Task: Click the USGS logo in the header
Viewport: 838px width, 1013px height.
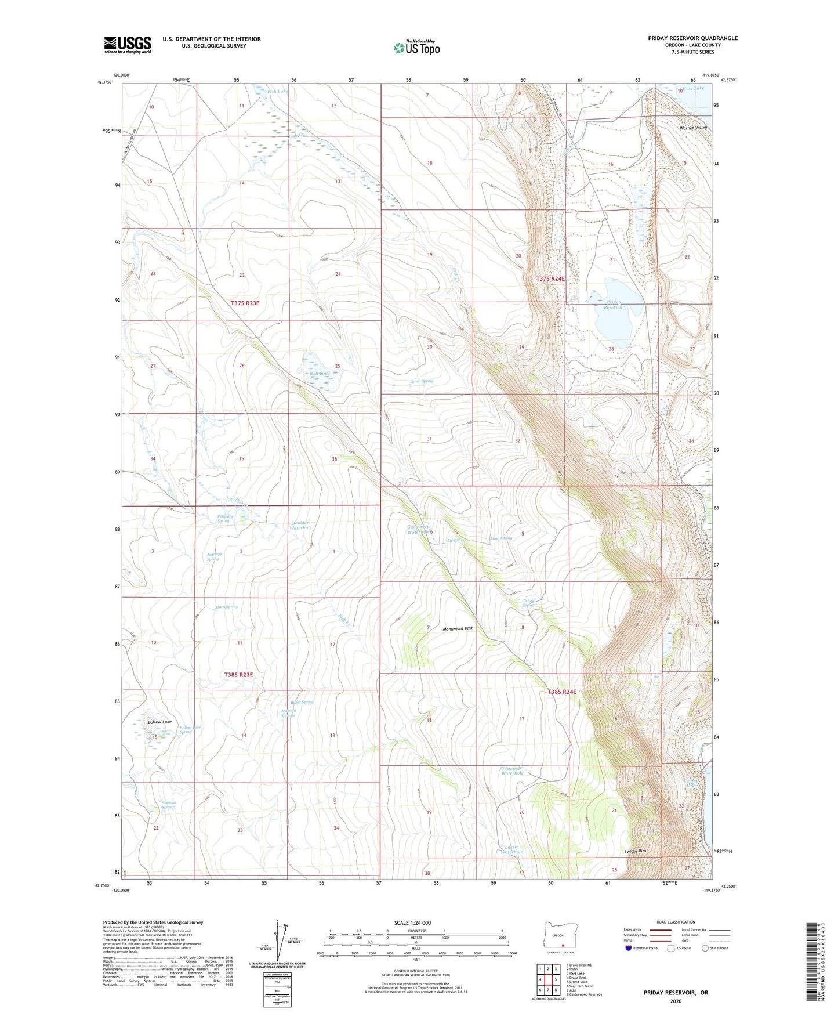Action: click(x=128, y=44)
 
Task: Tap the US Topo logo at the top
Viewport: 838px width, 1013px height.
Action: click(x=416, y=48)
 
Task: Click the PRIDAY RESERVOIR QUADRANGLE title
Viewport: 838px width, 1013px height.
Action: click(x=692, y=38)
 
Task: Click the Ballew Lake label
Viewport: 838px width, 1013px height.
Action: click(x=159, y=722)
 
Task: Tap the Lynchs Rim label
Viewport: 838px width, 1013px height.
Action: click(x=635, y=851)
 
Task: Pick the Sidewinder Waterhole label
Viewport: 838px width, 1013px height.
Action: click(x=512, y=771)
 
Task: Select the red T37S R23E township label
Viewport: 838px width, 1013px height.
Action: click(x=245, y=303)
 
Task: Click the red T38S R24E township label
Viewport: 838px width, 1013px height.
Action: click(x=561, y=692)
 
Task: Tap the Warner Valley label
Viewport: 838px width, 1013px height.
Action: click(x=693, y=128)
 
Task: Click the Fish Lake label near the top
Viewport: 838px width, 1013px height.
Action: click(x=277, y=91)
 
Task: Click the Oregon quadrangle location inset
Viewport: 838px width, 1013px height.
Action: click(x=558, y=938)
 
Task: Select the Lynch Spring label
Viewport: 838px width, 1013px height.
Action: click(x=421, y=381)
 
